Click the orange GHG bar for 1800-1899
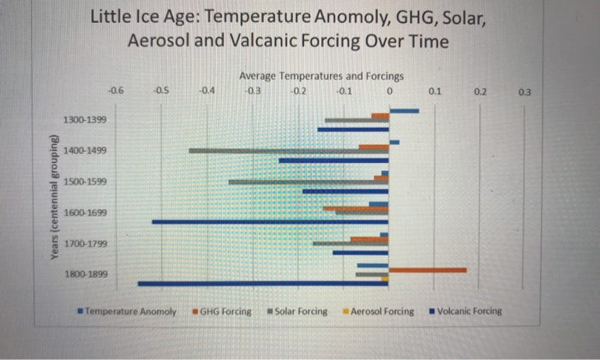tap(427, 270)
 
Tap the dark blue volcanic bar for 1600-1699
tap(270, 222)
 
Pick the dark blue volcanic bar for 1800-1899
tap(262, 283)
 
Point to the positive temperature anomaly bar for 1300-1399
tap(404, 111)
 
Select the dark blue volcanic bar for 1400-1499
tap(333, 160)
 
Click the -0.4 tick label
tap(207, 89)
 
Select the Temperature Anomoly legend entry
tap(129, 311)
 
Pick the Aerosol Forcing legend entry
tap(381, 311)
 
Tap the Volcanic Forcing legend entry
tap(467, 311)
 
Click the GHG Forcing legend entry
tap(225, 311)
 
